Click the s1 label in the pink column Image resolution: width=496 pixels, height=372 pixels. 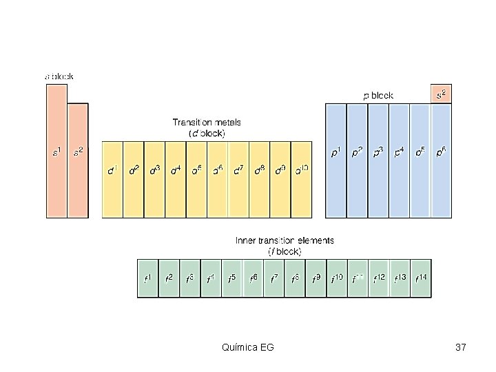[57, 151]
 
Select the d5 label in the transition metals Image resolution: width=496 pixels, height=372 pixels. [197, 168]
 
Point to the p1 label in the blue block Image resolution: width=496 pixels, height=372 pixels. [335, 152]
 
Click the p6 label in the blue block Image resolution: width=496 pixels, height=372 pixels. [441, 152]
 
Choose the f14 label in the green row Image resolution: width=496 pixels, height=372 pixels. [421, 278]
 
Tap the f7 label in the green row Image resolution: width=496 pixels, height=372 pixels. [274, 278]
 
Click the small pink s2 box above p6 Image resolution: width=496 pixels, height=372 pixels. [441, 94]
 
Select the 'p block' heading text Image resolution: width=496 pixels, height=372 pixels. [378, 96]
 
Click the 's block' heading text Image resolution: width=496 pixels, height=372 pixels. [59, 76]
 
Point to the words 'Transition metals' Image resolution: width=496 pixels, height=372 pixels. [207, 123]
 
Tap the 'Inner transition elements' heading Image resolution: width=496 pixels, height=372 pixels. [285, 240]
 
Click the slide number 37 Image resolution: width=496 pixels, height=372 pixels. [461, 347]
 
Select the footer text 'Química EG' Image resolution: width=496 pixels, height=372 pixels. [248, 347]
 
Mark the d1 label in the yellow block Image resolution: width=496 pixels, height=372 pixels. [113, 168]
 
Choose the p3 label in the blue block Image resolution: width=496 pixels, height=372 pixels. [378, 152]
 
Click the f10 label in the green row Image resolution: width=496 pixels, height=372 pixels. [337, 278]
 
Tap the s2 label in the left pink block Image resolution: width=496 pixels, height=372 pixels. [78, 151]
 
